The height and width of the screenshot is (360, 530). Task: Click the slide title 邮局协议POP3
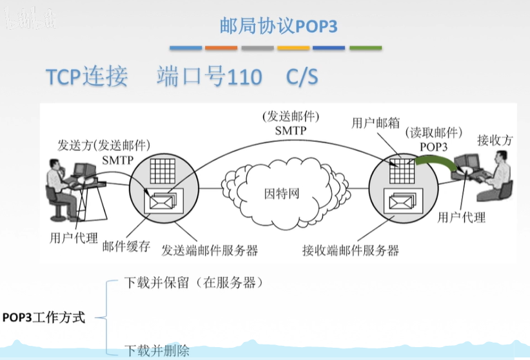[x=279, y=26]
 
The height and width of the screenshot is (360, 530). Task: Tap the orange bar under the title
[x=221, y=48]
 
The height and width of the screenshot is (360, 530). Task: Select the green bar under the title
[x=365, y=48]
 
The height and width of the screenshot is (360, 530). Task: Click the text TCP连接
[x=86, y=77]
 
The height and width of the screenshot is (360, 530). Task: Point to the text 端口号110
[x=209, y=77]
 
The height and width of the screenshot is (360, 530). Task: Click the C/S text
[x=302, y=77]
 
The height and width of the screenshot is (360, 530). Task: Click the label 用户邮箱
[x=375, y=123]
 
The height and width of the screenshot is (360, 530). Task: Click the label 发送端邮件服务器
[x=210, y=250]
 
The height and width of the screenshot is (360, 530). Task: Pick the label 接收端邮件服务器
[x=350, y=250]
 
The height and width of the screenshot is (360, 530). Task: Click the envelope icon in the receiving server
[x=398, y=202]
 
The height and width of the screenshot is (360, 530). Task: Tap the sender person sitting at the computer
[x=57, y=187]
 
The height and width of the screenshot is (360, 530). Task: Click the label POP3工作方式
[x=44, y=317]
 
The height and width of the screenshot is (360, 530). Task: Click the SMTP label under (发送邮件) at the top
[x=290, y=130]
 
